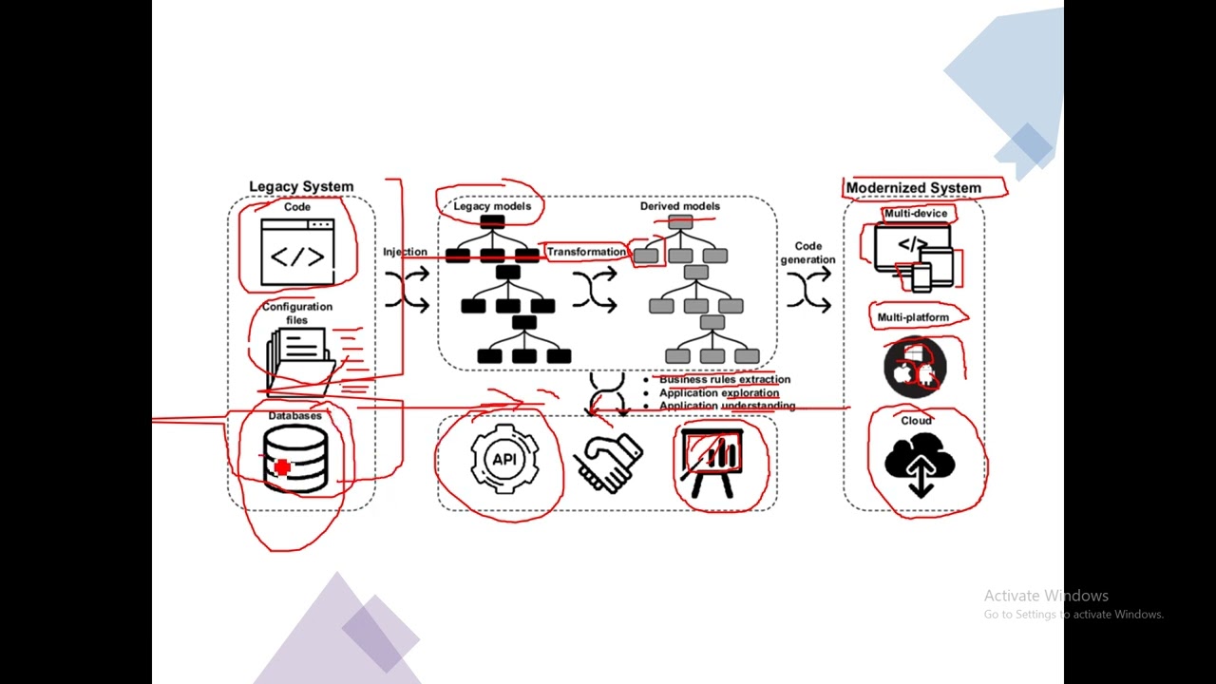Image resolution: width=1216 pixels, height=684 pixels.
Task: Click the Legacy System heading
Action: (301, 187)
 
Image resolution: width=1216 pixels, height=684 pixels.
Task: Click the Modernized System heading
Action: (913, 188)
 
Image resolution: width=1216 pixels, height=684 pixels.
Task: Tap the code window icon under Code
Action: (297, 252)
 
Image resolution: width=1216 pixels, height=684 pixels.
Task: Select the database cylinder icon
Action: (295, 458)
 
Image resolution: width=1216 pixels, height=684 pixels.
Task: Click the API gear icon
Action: (503, 460)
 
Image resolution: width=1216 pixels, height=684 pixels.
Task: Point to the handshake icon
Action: (610, 463)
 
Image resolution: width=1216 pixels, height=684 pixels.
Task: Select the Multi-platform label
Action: (912, 317)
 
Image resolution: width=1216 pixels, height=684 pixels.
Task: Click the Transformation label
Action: (586, 252)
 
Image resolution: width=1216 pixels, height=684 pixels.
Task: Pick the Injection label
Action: (405, 252)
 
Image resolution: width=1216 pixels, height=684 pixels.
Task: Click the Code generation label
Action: (807, 253)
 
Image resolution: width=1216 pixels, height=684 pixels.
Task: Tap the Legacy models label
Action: (492, 206)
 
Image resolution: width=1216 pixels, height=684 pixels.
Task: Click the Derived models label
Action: (679, 206)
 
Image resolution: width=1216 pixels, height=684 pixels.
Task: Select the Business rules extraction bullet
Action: (724, 379)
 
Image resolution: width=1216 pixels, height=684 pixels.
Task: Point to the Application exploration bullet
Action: (718, 392)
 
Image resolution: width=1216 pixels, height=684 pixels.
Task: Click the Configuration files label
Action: (297, 313)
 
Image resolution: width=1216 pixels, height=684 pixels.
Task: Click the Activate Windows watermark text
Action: (1045, 596)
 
